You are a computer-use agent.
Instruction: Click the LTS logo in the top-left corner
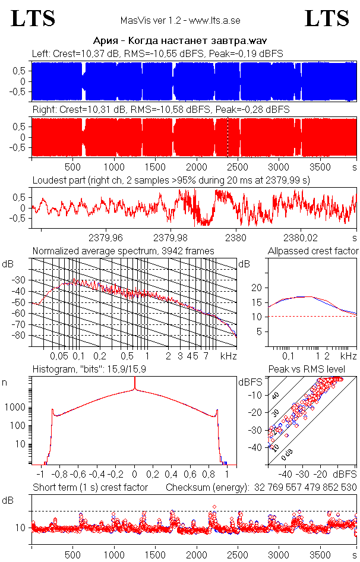click(33, 18)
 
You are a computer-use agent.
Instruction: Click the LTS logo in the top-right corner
click(327, 18)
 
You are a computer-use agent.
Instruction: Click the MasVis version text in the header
click(180, 21)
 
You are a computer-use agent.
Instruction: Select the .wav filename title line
click(179, 41)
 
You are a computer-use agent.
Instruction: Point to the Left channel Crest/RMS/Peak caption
click(157, 53)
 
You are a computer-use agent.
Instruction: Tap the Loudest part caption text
click(172, 179)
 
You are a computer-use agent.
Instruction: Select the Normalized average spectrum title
click(123, 251)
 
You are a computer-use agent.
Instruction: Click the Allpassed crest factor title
click(313, 251)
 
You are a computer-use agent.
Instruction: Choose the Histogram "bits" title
click(101, 369)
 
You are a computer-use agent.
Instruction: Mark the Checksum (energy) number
click(303, 487)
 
